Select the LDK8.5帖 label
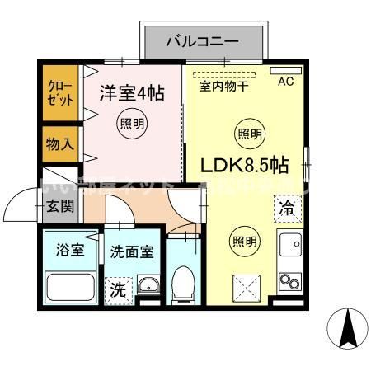click(x=245, y=164)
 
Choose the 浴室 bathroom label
click(x=70, y=251)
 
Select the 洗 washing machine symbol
click(x=119, y=289)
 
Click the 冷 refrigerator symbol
click(x=287, y=209)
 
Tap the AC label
click(x=285, y=82)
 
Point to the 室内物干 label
click(x=225, y=85)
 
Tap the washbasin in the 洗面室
click(x=148, y=286)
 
